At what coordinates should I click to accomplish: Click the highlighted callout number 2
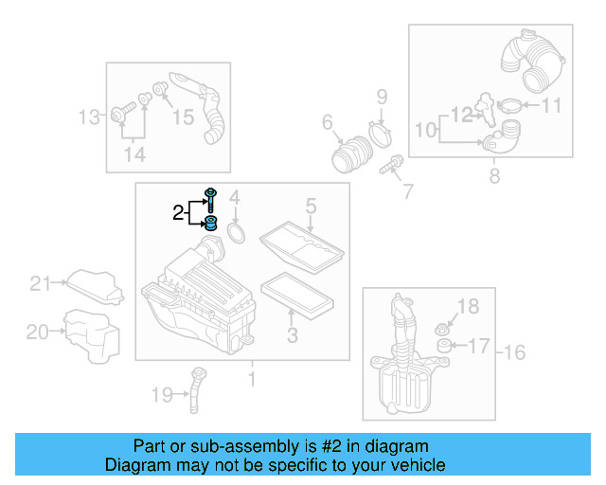tap(178, 213)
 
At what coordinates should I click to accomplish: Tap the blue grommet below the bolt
tap(210, 224)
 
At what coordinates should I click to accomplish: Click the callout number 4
tap(236, 198)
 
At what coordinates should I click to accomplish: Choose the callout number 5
tap(310, 205)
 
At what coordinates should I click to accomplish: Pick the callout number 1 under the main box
tap(252, 381)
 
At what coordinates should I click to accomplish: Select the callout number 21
tap(39, 282)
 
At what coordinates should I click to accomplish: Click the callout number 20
tap(37, 332)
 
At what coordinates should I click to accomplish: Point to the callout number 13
tap(88, 117)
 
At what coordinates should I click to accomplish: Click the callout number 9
tap(382, 96)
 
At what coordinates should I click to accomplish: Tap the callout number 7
tap(407, 191)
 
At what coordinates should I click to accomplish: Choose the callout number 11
tap(551, 105)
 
